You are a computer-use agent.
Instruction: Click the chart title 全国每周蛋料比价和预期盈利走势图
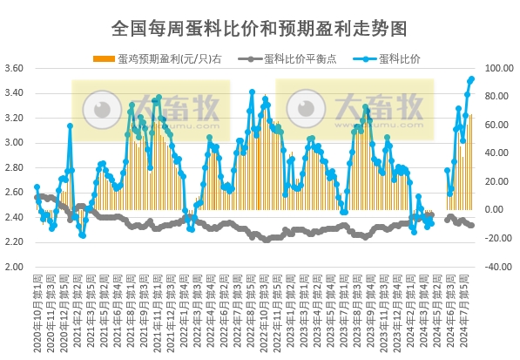point(260,29)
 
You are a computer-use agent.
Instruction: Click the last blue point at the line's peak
point(472,78)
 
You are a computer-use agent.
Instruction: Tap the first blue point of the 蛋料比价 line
point(37,187)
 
